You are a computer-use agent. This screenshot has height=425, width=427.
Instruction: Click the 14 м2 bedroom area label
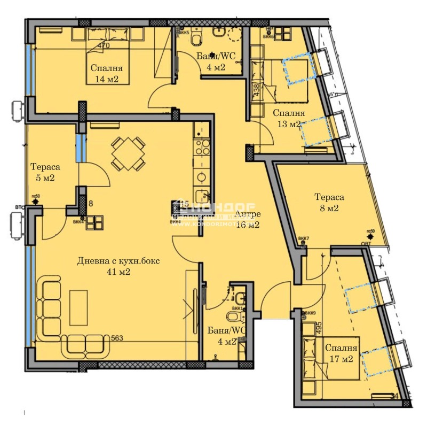coord(106,79)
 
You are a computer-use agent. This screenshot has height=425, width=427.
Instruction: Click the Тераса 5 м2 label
coord(42,172)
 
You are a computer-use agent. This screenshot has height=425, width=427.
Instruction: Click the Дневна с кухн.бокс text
coord(118,261)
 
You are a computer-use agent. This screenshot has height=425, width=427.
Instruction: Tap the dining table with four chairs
coord(128,153)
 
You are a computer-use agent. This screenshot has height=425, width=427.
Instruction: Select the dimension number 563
coord(118,338)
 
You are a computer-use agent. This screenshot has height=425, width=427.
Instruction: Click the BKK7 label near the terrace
coord(304,238)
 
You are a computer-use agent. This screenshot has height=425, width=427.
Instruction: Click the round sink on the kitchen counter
coord(202,176)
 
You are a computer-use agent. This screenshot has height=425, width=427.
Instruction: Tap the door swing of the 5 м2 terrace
coord(96,174)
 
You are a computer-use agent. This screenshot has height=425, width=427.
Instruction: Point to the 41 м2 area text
coord(118,272)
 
